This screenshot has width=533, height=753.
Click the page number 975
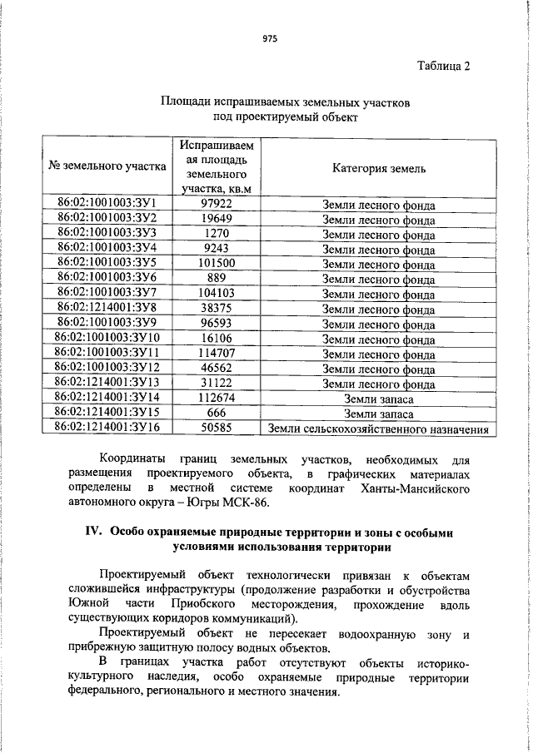coord(268,39)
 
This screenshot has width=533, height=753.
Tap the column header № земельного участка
coord(108,166)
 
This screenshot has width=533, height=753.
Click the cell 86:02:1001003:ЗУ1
coord(108,204)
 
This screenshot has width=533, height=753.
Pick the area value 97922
coord(216,204)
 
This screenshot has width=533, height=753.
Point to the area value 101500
coord(216,264)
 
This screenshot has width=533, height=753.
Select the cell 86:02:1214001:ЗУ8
coord(108,309)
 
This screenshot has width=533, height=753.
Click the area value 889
coord(216,279)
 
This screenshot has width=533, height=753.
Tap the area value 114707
coord(216,354)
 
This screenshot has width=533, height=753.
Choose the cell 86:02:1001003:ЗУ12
coord(107,369)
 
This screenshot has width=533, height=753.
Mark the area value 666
coord(216,414)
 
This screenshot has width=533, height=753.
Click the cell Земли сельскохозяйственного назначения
coord(379,429)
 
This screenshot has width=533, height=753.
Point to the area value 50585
coord(216,429)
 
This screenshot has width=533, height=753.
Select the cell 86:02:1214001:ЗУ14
coord(107,399)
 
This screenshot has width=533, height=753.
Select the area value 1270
coord(216,234)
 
